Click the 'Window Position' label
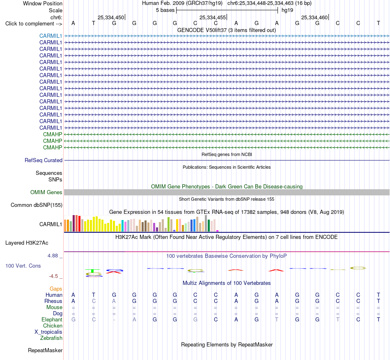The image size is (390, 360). click(43, 3)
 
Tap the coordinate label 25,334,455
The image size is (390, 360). click(213, 17)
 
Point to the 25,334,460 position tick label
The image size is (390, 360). click(314, 17)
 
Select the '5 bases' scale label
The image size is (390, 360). click(165, 10)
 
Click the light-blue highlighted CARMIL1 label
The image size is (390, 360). click(50, 36)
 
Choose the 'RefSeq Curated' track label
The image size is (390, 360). click(44, 161)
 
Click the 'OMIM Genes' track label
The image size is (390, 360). click(46, 192)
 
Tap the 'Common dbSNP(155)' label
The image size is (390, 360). click(37, 205)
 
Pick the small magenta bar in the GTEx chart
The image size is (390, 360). click(218, 231)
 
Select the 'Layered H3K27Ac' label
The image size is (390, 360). click(27, 243)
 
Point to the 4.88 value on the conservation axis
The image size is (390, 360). click(53, 256)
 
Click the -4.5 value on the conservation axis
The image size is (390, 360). click(53, 276)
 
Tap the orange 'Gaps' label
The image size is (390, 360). click(56, 289)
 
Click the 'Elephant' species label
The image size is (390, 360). click(52, 320)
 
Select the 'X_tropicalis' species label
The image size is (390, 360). click(48, 332)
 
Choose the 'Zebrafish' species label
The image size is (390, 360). click(51, 338)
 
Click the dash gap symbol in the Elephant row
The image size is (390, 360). click(114, 320)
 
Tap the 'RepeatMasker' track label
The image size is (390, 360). click(45, 350)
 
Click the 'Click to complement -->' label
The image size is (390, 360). click(34, 24)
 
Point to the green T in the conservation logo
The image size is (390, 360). click(92, 271)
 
